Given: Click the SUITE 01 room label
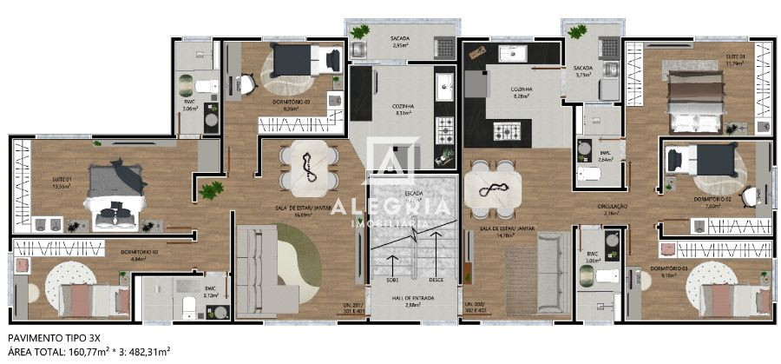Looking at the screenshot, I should click(61, 180).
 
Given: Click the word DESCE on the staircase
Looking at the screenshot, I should click(436, 280).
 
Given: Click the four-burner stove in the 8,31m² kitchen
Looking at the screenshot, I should click(445, 130).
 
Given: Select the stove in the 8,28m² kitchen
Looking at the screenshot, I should click(507, 131).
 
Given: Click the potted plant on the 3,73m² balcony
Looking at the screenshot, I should click(575, 32).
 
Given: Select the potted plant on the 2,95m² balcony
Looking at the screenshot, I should click(359, 32).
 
